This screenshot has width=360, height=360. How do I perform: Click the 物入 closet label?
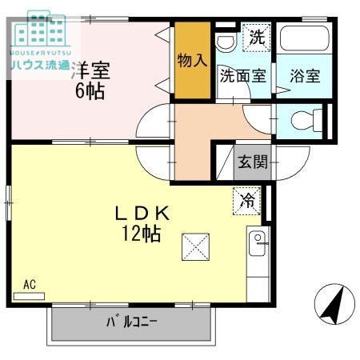point(192,60)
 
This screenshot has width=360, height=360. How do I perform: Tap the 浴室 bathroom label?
point(305,76)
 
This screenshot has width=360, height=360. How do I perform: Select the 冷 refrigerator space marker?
point(247,200)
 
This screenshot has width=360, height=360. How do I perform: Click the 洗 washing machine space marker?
point(255,36)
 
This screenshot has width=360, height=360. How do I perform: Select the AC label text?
point(29,284)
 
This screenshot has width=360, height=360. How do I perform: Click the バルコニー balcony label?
point(131,323)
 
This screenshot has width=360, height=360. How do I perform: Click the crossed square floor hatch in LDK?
point(194,246)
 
